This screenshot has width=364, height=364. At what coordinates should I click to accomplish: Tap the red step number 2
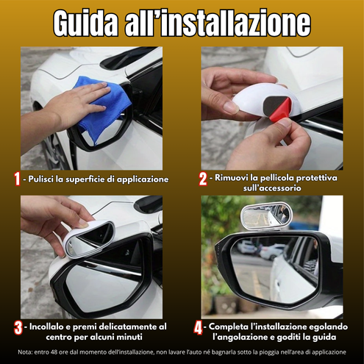pyautogui.click(x=202, y=179)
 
